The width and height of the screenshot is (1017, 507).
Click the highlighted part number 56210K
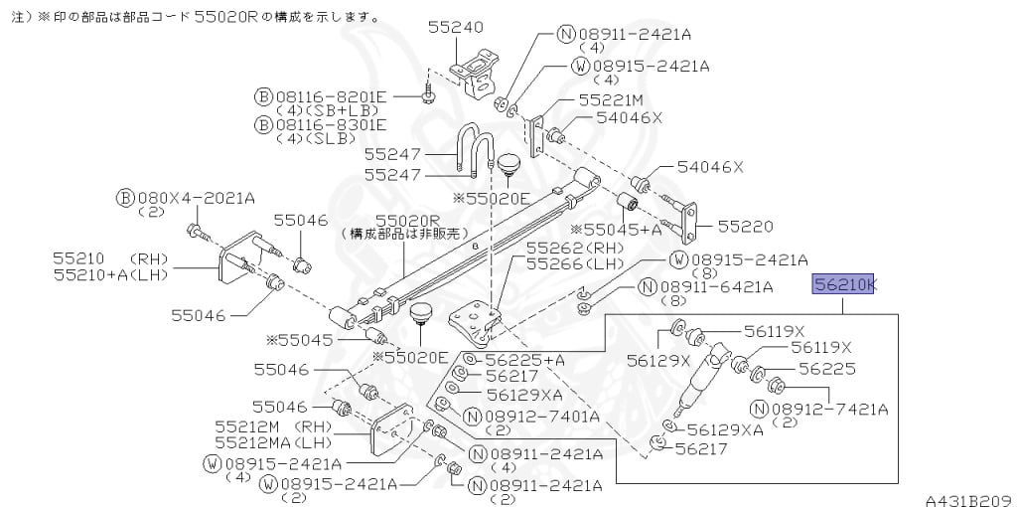click(845, 285)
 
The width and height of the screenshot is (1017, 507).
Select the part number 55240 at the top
click(456, 28)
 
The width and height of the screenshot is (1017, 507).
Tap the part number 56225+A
click(526, 360)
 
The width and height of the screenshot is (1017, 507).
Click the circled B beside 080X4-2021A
click(124, 197)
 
